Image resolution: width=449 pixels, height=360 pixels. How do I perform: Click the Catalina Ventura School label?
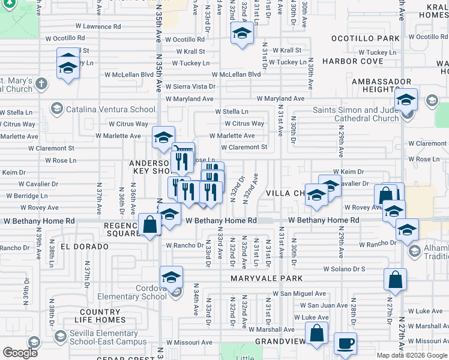[110, 109]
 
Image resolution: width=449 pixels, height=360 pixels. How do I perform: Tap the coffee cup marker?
[345, 343]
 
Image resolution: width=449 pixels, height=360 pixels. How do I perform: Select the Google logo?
[20, 353]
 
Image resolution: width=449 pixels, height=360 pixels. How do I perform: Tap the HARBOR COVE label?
[352, 61]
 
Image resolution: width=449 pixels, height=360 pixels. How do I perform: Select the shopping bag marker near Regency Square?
[149, 226]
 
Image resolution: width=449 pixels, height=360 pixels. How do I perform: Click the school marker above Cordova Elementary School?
[171, 277]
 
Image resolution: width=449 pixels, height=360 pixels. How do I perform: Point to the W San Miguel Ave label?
[299, 293]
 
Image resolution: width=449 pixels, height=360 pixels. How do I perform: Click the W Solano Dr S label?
[344, 269]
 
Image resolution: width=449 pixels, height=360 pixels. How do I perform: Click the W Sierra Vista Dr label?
[190, 86]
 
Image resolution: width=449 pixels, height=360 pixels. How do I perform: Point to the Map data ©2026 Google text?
[412, 355]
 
